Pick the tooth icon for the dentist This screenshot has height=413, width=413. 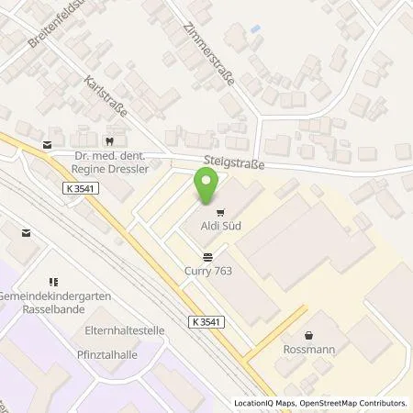109,141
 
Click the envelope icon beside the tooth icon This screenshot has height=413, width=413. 47,144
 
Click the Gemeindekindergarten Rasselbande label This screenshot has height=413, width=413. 53,300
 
